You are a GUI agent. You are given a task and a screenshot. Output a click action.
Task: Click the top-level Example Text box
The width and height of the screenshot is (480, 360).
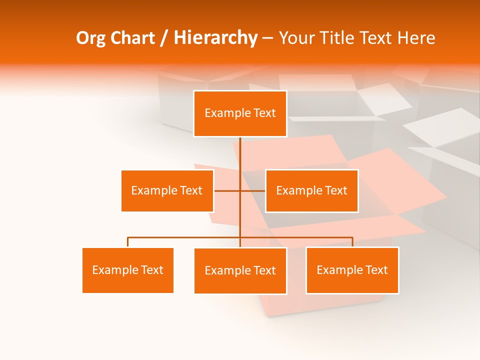(x=240, y=113)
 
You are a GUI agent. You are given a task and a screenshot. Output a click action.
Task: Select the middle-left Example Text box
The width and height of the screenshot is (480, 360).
(x=167, y=190)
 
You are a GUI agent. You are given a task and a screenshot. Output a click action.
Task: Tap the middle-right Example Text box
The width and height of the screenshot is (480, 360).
(x=311, y=190)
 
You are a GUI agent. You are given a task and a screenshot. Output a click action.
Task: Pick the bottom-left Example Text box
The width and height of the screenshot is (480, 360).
(x=128, y=270)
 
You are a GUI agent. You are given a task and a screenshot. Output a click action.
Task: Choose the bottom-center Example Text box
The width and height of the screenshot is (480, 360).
(x=240, y=270)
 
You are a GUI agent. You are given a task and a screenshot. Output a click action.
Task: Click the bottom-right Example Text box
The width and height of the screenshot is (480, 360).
(x=352, y=270)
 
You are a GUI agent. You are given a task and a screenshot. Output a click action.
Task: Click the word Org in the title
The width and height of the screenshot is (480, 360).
(x=90, y=38)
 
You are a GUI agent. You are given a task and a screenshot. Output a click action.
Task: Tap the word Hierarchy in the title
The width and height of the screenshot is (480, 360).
(x=215, y=38)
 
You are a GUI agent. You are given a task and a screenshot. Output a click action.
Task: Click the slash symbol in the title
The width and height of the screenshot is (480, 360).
(x=164, y=38)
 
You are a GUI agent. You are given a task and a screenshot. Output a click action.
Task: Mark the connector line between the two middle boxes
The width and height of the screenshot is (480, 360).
(x=227, y=190)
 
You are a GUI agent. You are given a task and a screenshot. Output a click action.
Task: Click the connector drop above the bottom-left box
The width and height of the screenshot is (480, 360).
(x=128, y=242)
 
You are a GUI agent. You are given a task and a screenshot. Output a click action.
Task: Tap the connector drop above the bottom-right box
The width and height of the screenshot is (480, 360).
(x=352, y=242)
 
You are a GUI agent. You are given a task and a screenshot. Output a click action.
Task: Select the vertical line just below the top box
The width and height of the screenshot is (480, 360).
(x=240, y=152)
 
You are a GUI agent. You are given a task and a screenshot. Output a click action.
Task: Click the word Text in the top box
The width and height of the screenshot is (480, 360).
(x=264, y=113)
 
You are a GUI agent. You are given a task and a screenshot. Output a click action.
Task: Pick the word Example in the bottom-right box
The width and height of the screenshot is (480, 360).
(x=339, y=270)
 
